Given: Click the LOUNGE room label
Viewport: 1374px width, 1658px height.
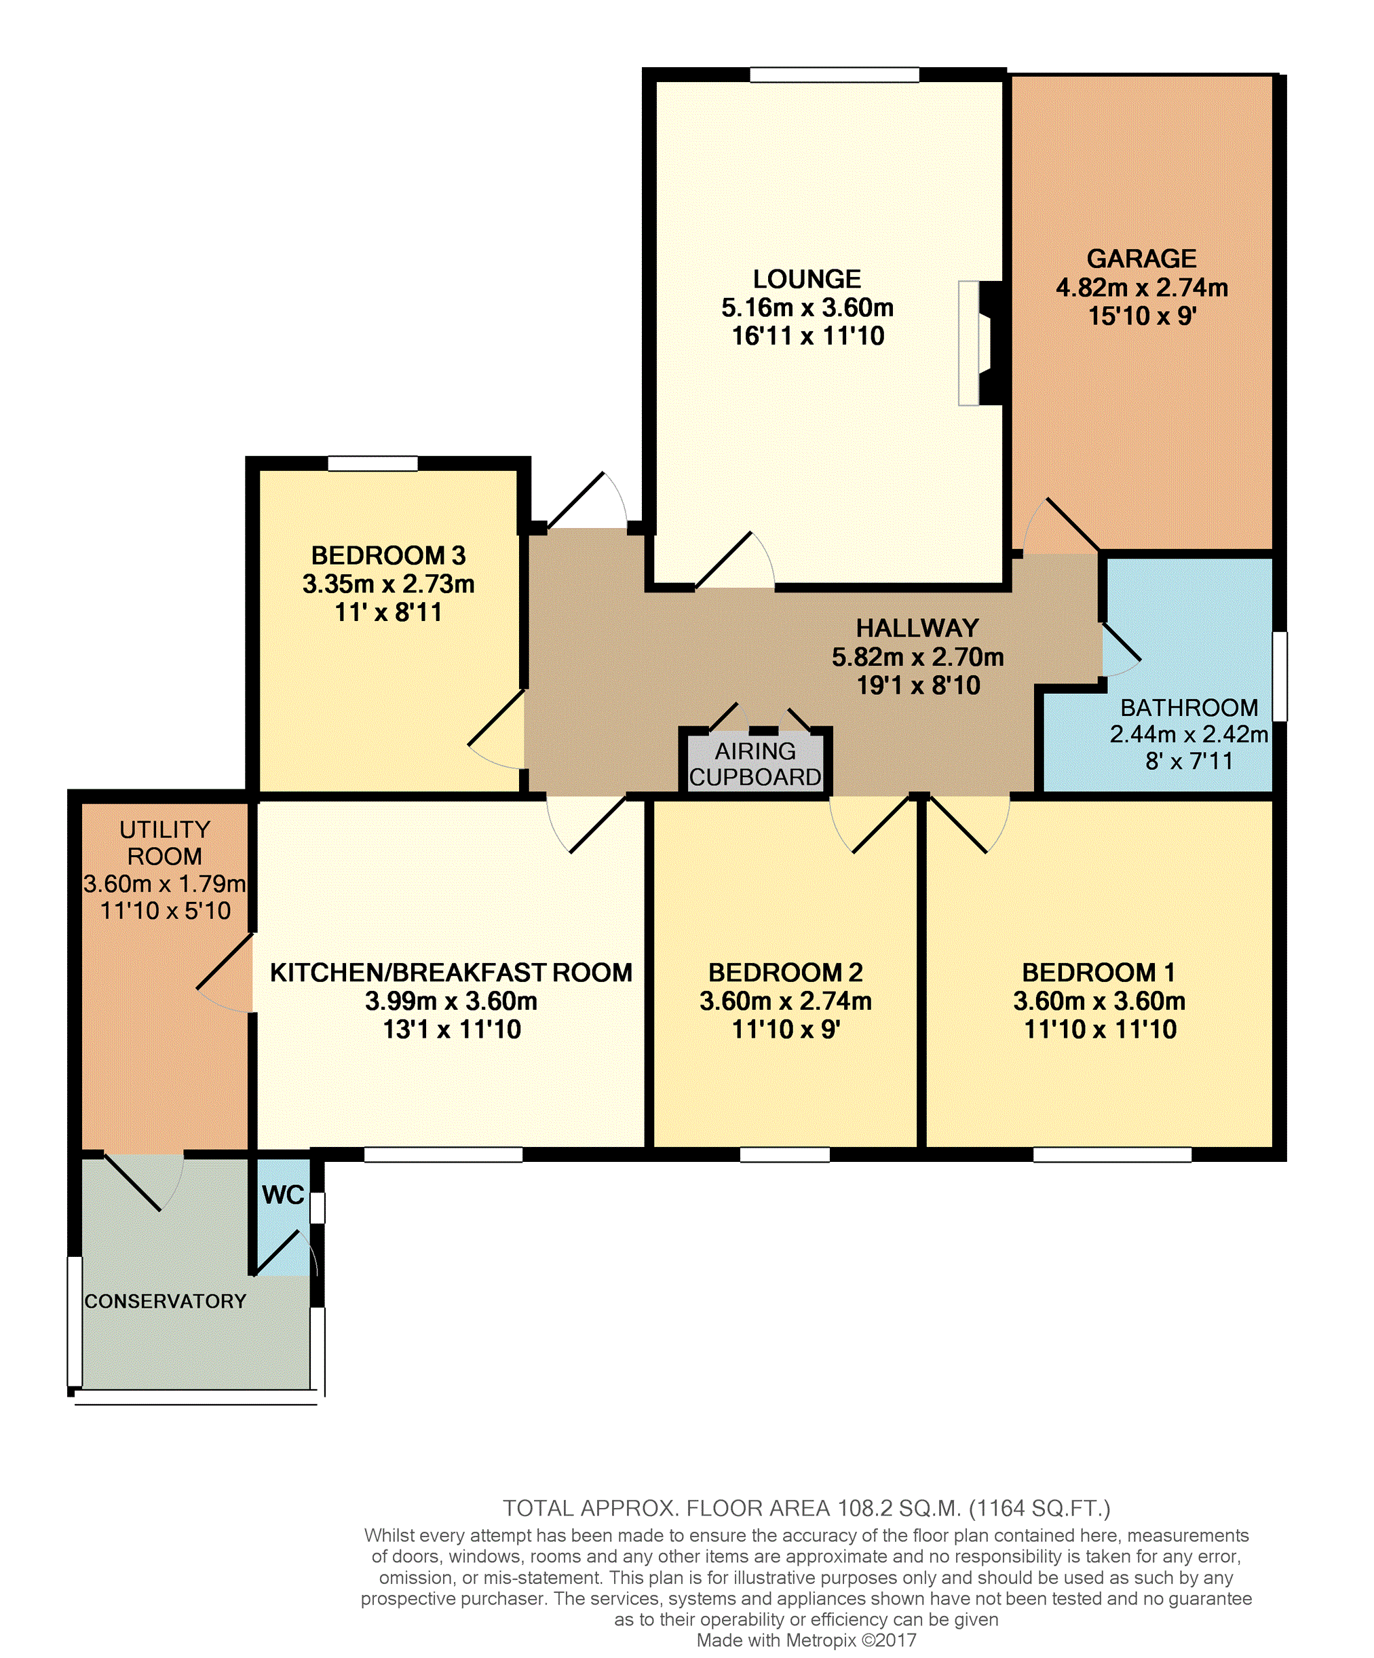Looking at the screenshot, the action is coord(807,279).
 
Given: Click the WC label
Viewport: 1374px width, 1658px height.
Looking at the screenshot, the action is coord(284,1194).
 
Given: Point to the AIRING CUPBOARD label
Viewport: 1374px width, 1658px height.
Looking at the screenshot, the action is coord(755,764).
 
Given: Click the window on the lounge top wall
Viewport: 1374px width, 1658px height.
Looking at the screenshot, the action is coord(834,75).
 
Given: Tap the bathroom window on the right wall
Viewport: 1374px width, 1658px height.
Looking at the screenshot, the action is coord(1280,676).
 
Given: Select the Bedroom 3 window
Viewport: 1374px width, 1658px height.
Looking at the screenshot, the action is coord(373,464).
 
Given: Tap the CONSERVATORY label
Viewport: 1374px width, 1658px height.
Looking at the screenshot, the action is coord(166,1301).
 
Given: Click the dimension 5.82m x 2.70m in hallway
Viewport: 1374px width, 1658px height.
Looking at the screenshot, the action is coord(918,657).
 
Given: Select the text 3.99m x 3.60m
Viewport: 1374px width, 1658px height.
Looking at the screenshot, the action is coord(451,1001).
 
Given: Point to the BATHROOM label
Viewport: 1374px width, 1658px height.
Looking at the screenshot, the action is coord(1189,707).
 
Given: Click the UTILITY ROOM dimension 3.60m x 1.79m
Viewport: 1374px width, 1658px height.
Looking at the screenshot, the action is coord(165,884).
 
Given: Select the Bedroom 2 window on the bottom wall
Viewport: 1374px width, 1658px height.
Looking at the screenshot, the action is coord(784,1154).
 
